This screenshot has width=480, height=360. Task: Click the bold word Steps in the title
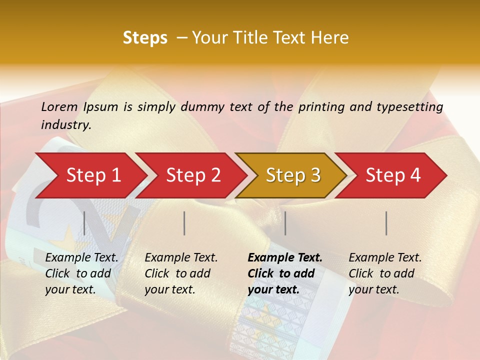tap(145, 38)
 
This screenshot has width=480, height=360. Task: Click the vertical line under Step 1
tap(84, 223)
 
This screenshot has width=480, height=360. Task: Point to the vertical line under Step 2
tap(184, 223)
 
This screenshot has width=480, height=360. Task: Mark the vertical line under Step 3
tap(285, 223)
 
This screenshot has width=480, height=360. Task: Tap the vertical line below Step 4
tap(386, 223)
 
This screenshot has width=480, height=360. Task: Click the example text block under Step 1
tap(81, 273)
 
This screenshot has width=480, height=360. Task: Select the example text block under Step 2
tap(181, 273)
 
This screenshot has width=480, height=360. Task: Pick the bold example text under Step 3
tap(285, 273)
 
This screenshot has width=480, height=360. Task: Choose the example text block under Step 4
tap(385, 273)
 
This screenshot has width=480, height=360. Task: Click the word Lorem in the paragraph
tap(59, 106)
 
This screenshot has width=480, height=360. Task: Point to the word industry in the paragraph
tap(66, 125)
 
